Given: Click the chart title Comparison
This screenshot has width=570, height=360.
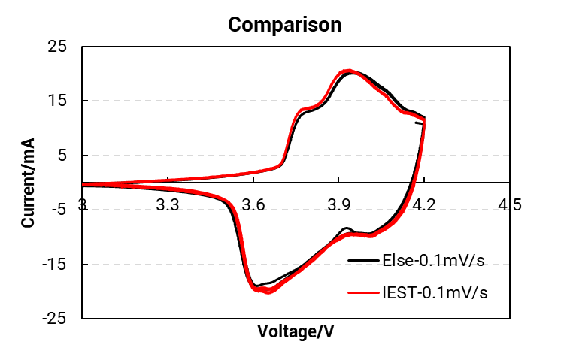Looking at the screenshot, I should tap(285, 24).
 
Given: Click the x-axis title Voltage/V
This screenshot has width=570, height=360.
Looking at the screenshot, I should tap(296, 331).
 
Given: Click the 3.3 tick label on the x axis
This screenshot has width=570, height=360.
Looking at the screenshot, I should tap(168, 204).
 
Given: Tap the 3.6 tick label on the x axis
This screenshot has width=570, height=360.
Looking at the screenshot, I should tap(253, 204).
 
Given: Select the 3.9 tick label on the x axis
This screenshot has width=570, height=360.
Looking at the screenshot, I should tap(339, 204).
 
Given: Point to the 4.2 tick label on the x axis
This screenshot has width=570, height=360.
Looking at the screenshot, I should tap(425, 204).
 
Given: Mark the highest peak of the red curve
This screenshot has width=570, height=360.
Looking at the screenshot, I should tap(347, 71).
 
